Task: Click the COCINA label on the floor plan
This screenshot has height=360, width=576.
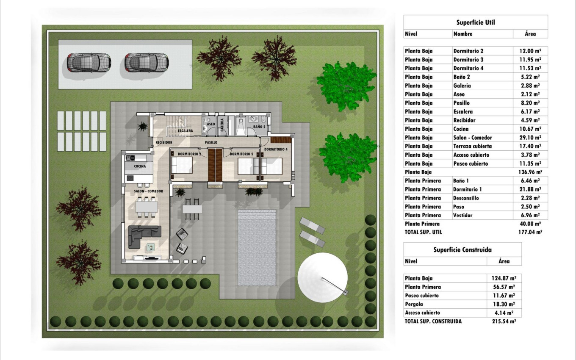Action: tap(140, 166)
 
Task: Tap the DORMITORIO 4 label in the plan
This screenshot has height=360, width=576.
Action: tap(276, 149)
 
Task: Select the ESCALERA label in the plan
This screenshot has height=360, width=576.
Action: tap(185, 130)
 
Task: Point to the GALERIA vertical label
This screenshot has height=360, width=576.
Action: tap(222, 125)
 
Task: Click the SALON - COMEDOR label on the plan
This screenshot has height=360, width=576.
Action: tap(148, 191)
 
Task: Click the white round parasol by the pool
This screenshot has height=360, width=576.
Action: tap(322, 277)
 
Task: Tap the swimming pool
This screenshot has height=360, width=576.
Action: tap(257, 248)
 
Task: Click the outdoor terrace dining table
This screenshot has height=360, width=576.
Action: tap(192, 209)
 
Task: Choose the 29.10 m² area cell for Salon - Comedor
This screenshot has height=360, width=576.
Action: tap(530, 138)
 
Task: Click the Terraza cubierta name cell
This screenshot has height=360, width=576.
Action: tap(472, 146)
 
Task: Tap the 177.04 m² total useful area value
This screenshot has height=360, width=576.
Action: tap(530, 232)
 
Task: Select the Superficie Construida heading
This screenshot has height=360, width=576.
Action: tap(462, 250)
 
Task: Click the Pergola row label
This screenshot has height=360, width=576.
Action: tap(414, 304)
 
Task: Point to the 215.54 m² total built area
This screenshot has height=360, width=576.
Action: tap(504, 321)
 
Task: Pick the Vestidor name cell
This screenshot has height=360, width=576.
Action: tap(462, 216)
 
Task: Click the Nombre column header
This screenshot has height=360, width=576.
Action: tap(463, 34)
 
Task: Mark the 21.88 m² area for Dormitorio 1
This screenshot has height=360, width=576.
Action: tap(530, 189)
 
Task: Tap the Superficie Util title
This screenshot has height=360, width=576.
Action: tap(476, 22)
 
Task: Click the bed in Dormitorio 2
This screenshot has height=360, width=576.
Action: tap(182, 165)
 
